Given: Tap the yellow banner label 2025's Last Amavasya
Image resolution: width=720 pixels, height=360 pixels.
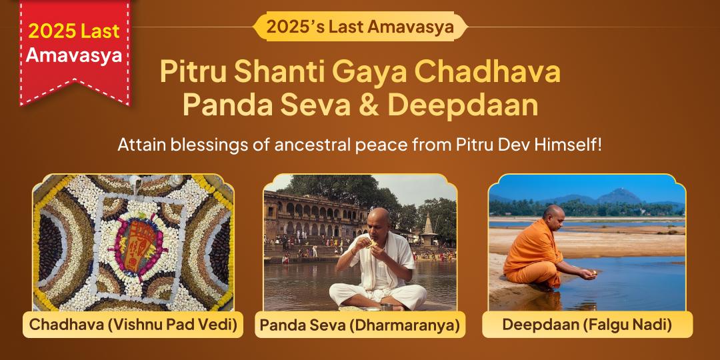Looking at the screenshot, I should [x=360, y=27].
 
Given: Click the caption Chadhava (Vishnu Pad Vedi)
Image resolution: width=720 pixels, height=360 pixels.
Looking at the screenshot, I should [x=133, y=325].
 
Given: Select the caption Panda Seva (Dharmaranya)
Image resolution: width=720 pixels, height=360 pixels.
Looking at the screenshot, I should [x=360, y=325].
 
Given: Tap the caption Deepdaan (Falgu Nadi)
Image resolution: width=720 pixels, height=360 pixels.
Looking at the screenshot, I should [x=587, y=325].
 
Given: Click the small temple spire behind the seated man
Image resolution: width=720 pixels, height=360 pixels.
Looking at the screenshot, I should [x=427, y=223].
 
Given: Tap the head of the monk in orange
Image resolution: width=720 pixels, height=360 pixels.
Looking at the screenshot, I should [x=553, y=215].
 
